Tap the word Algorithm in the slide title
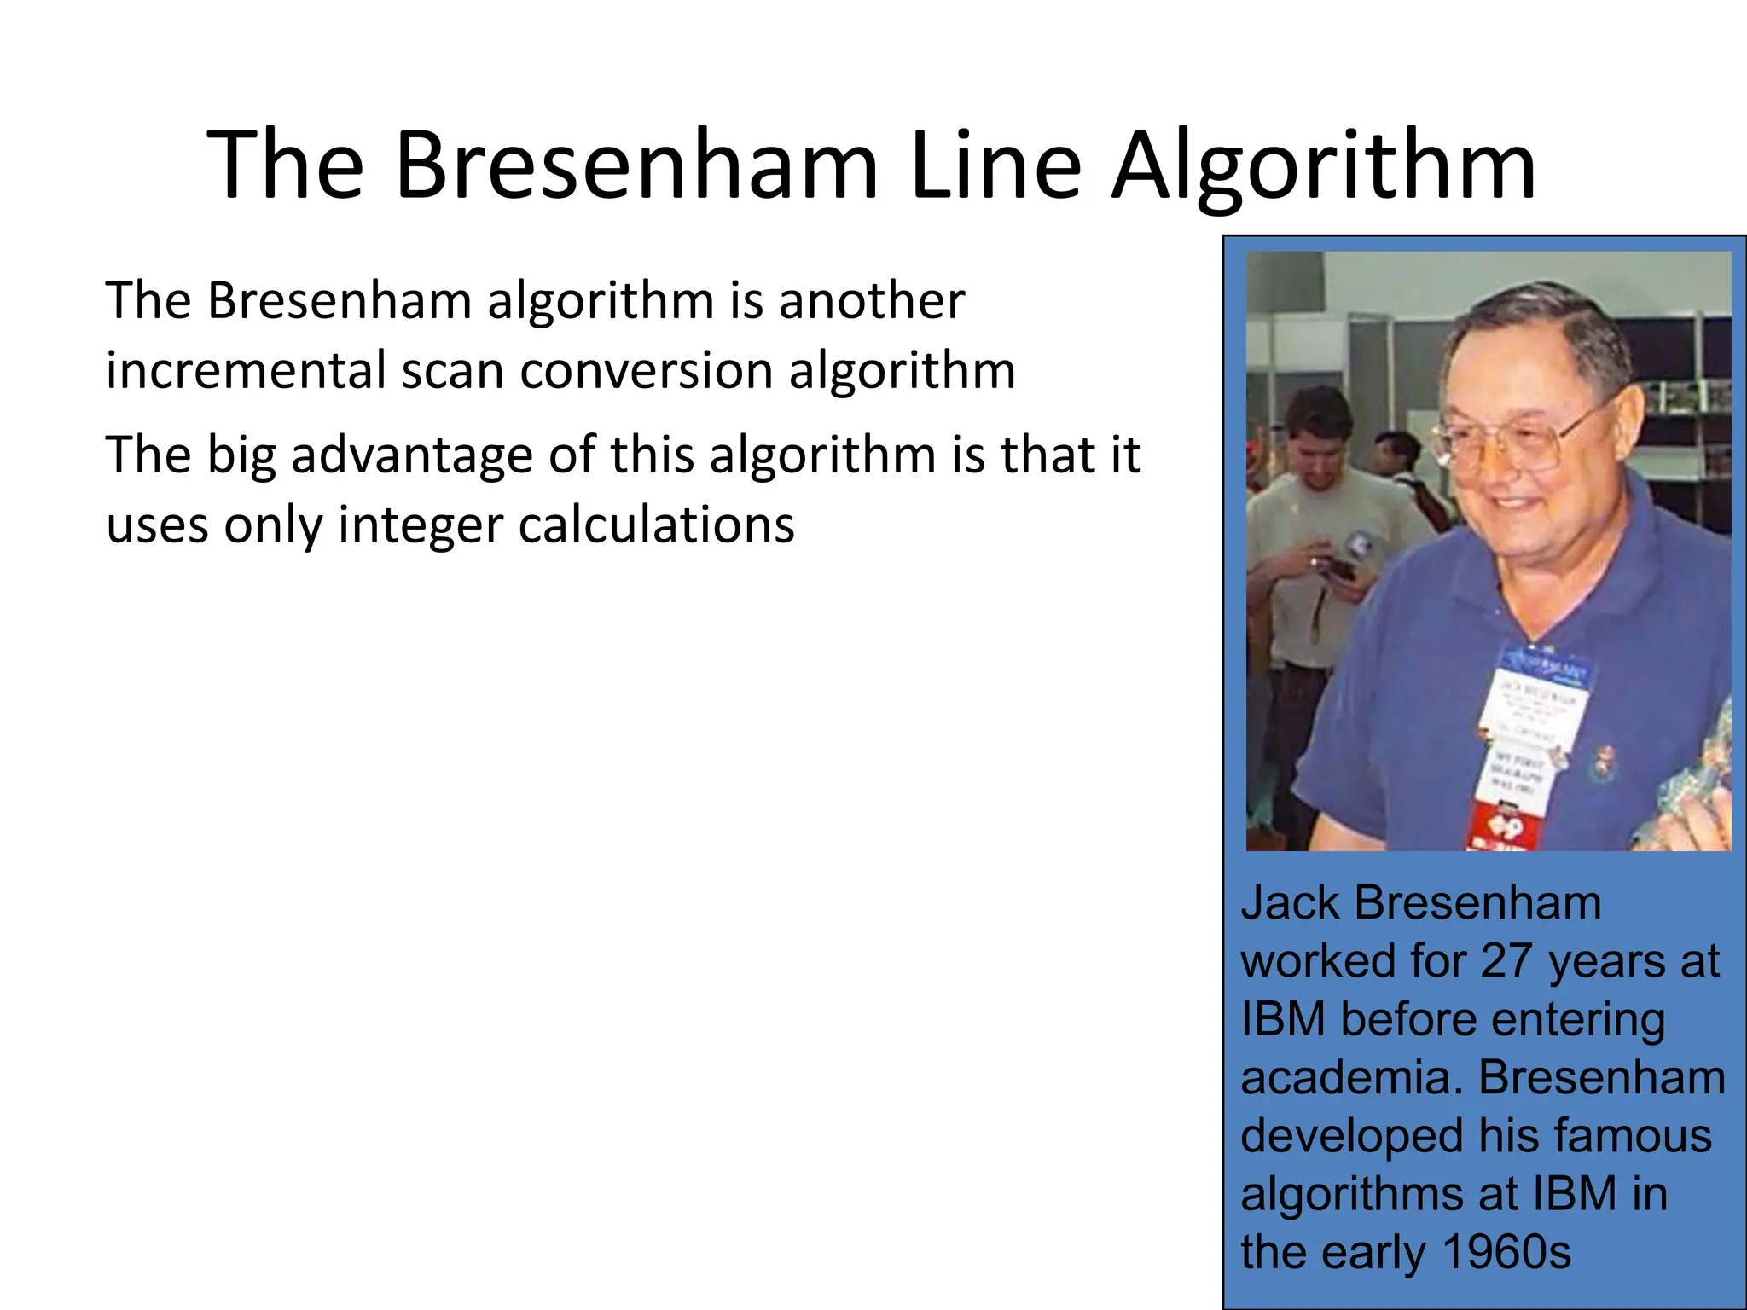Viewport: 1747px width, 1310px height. [1324, 166]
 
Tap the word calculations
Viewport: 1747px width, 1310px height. [656, 524]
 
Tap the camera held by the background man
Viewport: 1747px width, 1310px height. [1331, 567]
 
